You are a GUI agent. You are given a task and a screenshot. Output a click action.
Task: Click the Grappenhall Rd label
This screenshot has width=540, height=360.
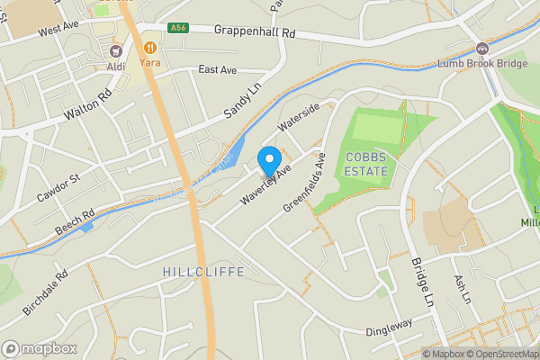point(255,30)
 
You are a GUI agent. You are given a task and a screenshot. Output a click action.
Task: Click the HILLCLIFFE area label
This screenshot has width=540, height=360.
point(203,271)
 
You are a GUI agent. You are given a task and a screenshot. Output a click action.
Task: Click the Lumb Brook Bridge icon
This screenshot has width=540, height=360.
point(481,49)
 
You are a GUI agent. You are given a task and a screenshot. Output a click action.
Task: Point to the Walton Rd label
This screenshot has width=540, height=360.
point(87,104)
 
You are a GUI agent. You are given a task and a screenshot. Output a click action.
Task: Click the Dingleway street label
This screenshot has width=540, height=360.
point(389,328)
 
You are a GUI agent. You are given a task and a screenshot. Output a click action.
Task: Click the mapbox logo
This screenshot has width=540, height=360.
point(39,348)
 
